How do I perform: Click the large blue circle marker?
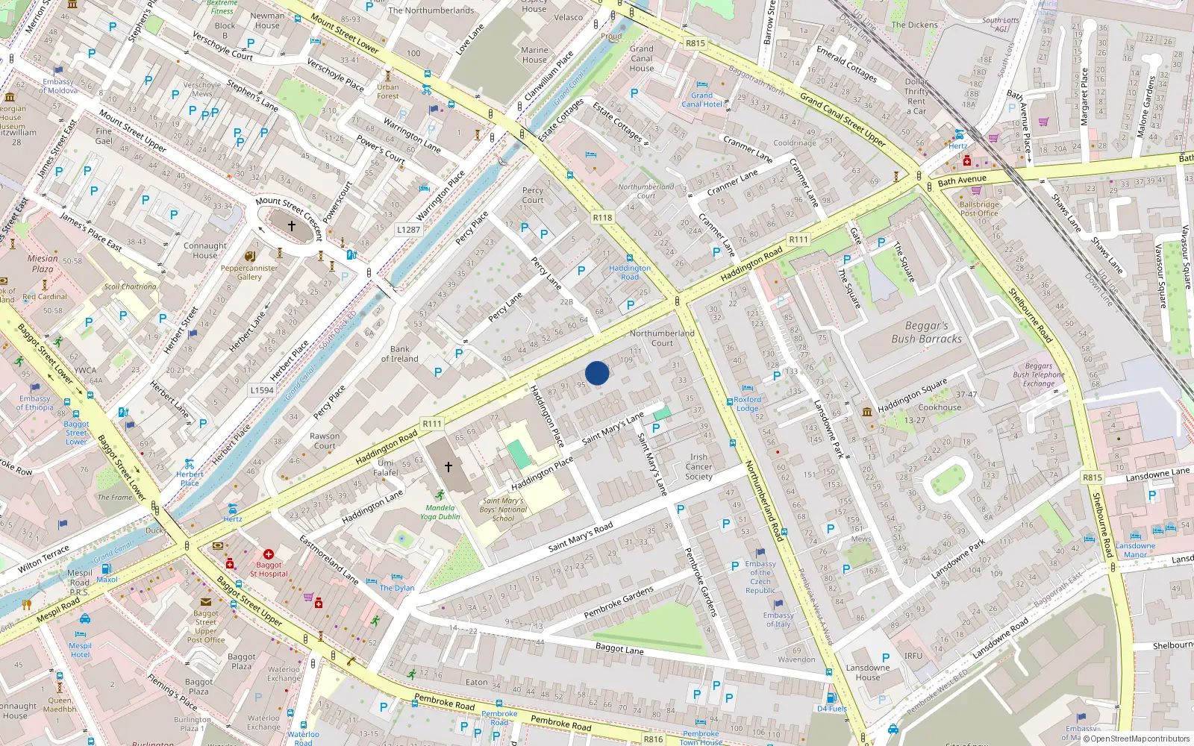pyautogui.click(x=597, y=373)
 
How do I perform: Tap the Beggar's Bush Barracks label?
pyautogui.click(x=926, y=332)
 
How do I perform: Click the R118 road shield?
pyautogui.click(x=602, y=218)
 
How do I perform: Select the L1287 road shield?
pyautogui.click(x=408, y=230)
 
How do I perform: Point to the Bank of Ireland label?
pyautogui.click(x=399, y=354)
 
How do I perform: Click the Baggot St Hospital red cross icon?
pyautogui.click(x=269, y=554)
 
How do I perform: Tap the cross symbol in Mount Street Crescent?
pyautogui.click(x=292, y=225)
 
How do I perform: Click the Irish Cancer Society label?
pyautogui.click(x=698, y=466)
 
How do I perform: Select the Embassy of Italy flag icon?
pyautogui.click(x=778, y=604)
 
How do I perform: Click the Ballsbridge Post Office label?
pyautogui.click(x=979, y=209)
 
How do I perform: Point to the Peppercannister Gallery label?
pyautogui.click(x=249, y=272)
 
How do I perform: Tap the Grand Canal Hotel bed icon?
pyautogui.click(x=702, y=85)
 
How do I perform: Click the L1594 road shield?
pyautogui.click(x=262, y=390)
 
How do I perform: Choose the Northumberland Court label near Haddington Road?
pyautogui.click(x=661, y=338)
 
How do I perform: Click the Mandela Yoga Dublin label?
pyautogui.click(x=440, y=512)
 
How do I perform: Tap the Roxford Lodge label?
pyautogui.click(x=747, y=404)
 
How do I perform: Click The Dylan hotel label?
pyautogui.click(x=396, y=588)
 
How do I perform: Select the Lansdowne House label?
pyautogui.click(x=867, y=672)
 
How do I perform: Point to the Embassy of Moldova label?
pyautogui.click(x=58, y=86)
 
